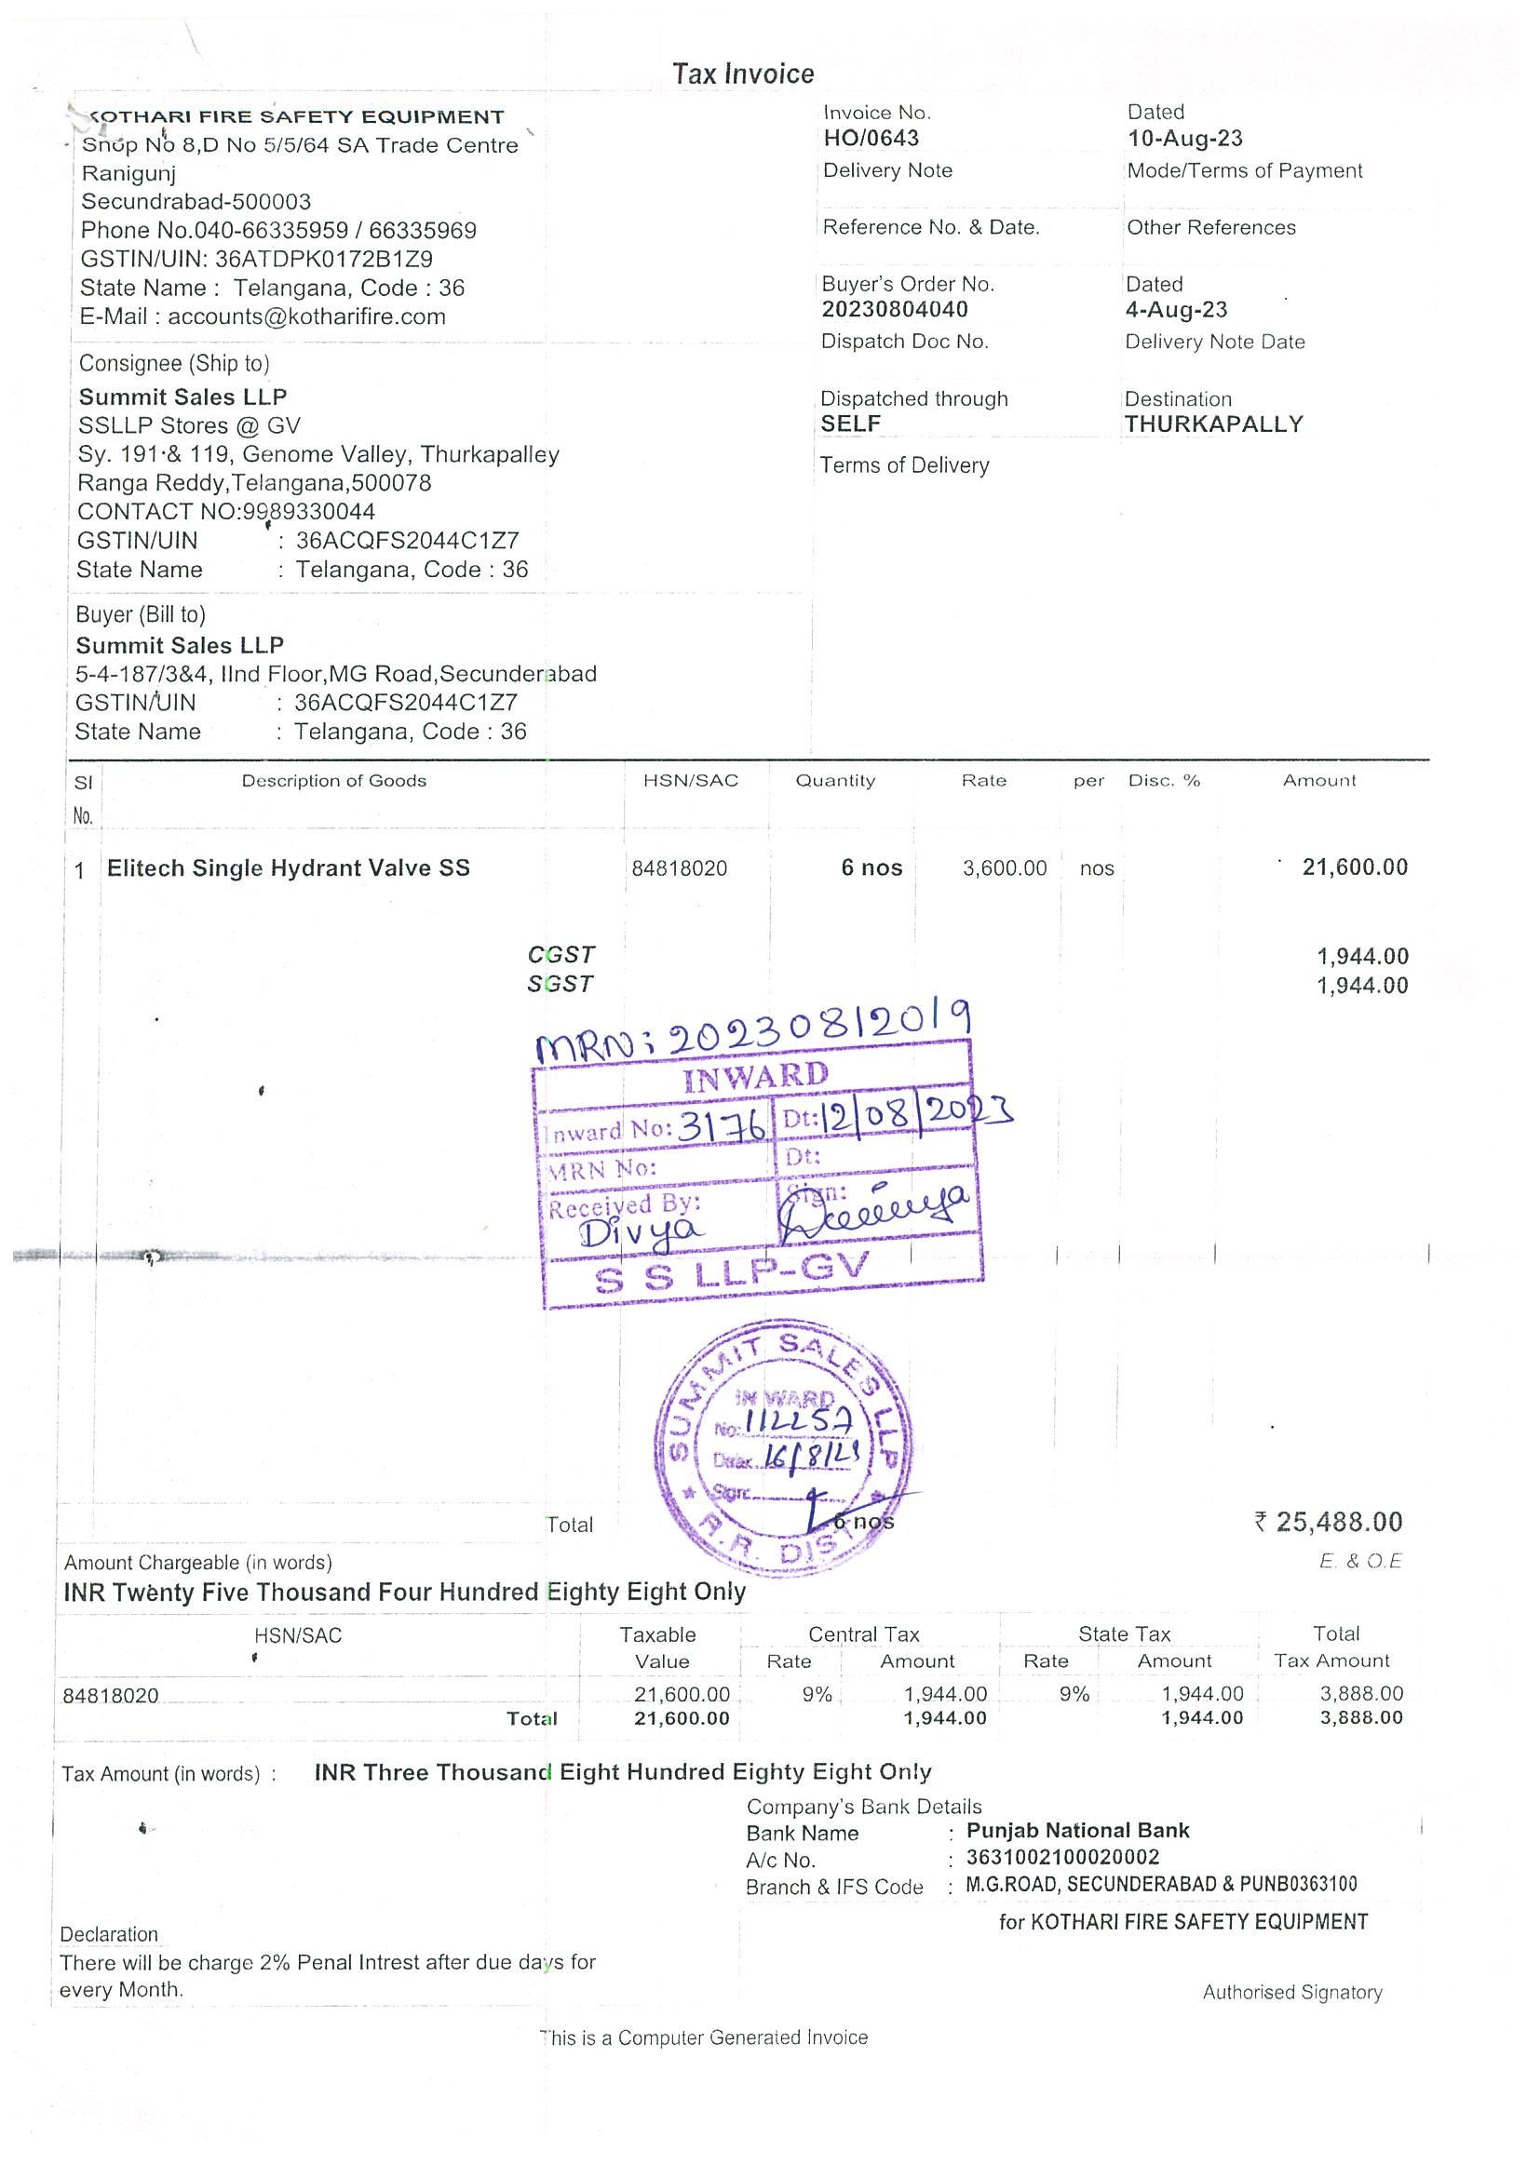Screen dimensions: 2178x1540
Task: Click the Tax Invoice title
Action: [x=743, y=74]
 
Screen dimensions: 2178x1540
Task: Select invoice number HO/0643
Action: [x=871, y=139]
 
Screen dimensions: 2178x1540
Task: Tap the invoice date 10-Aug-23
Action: [x=1184, y=139]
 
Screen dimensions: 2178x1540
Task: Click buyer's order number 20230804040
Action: [x=895, y=309]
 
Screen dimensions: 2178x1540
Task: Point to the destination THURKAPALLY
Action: [x=1213, y=424]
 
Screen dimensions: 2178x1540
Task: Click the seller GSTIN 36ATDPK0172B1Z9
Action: [x=324, y=259]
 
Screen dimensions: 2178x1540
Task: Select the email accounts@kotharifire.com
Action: [x=306, y=316]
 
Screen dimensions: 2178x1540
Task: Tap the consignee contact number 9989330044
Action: [x=309, y=512]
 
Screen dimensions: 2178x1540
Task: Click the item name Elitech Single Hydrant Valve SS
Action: [x=289, y=868]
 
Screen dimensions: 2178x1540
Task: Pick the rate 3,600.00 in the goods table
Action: [x=1004, y=868]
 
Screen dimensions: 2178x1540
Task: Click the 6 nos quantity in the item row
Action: [x=871, y=868]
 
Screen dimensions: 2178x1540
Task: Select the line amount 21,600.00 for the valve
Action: [x=1354, y=867]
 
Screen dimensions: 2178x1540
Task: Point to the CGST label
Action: [x=561, y=954]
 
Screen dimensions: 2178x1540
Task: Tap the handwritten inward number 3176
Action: [x=723, y=1126]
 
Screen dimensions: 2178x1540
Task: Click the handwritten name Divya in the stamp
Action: [x=642, y=1232]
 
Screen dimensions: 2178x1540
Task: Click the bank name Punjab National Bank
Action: [x=1077, y=1831]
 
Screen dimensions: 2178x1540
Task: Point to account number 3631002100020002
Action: [x=1062, y=1858]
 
